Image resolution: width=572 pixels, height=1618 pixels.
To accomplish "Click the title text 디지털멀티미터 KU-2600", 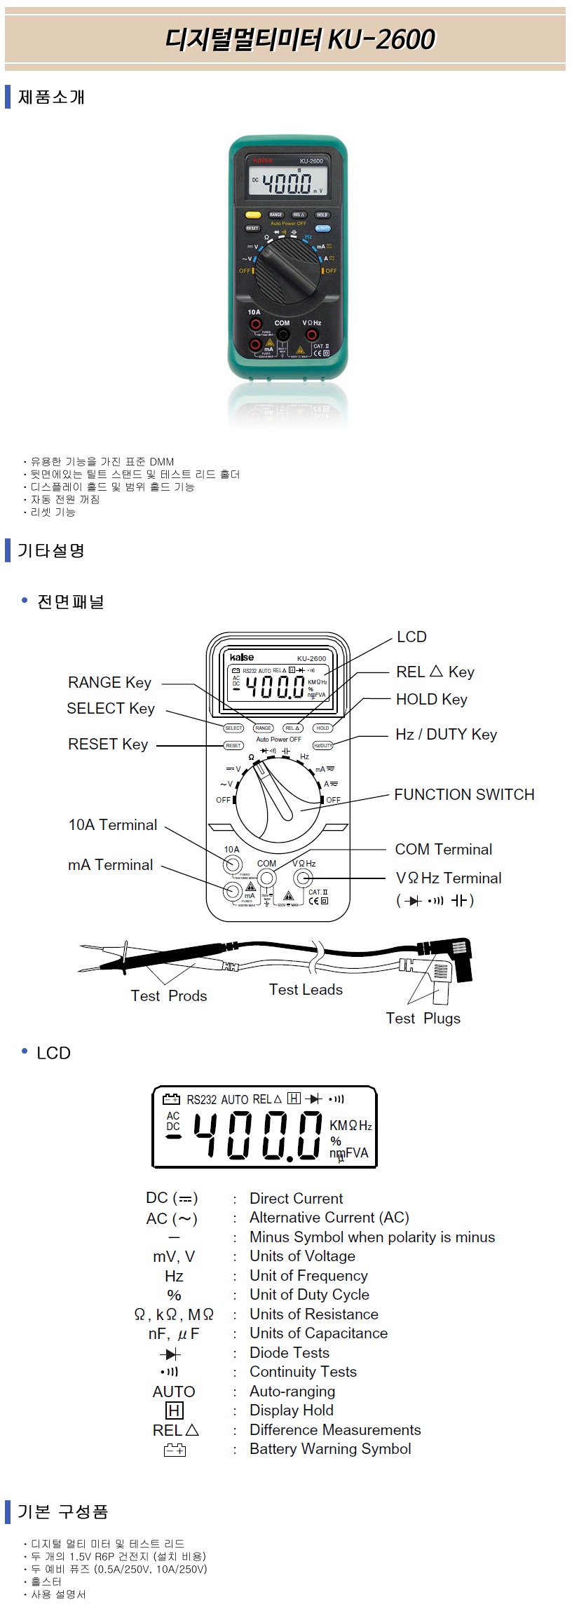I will point(300,39).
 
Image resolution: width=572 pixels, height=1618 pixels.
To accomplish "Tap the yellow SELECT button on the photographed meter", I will point(253,215).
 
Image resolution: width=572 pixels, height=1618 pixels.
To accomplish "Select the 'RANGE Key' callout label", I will point(109,683).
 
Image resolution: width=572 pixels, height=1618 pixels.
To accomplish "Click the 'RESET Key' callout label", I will point(108,745).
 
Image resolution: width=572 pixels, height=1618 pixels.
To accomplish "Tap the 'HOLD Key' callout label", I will point(431,700).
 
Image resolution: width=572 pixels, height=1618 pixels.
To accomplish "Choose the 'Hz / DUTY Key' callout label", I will point(446,735).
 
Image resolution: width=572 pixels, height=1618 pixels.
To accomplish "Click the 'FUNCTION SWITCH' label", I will point(464,795).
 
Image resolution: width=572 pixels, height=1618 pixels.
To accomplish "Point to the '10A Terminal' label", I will point(113,825).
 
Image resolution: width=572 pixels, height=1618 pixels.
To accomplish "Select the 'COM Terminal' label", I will point(444,850).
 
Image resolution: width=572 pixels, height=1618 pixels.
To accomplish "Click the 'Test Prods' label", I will point(169,996).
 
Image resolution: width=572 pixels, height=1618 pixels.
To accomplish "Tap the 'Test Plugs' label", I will point(423,1019).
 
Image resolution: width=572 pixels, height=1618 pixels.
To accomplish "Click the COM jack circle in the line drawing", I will point(266,878).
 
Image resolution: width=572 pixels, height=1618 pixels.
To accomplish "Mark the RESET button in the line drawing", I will point(233,745).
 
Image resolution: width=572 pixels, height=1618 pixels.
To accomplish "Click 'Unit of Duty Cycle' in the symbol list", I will point(309,1295).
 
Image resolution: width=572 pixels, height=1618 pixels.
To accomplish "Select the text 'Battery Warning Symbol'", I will point(330,1449).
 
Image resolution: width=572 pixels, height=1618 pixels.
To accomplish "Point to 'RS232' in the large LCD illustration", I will point(202,1100).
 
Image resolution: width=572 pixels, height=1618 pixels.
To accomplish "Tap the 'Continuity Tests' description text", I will point(303,1372).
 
